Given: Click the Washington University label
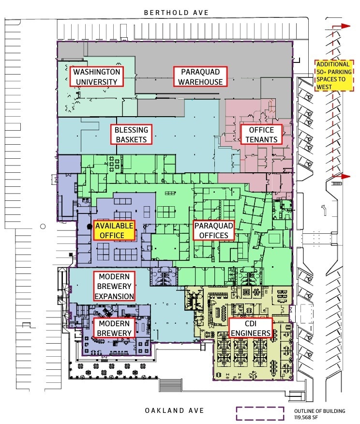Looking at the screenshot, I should [x=96, y=76].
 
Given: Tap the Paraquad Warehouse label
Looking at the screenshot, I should [x=200, y=76].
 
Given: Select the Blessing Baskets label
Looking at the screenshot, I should [x=131, y=135].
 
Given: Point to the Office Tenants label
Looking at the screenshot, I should [x=261, y=135].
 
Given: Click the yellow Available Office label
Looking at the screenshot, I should [x=114, y=230].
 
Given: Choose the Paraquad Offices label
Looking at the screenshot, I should [x=214, y=230].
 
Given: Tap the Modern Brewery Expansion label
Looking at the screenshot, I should [x=114, y=286].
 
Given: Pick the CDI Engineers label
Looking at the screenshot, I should [x=250, y=328].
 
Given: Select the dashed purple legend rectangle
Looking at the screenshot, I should [x=260, y=414].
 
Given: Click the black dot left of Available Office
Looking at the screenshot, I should [x=90, y=226].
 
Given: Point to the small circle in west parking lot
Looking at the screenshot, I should [x=43, y=226].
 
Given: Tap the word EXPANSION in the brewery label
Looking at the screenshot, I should [x=114, y=296].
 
